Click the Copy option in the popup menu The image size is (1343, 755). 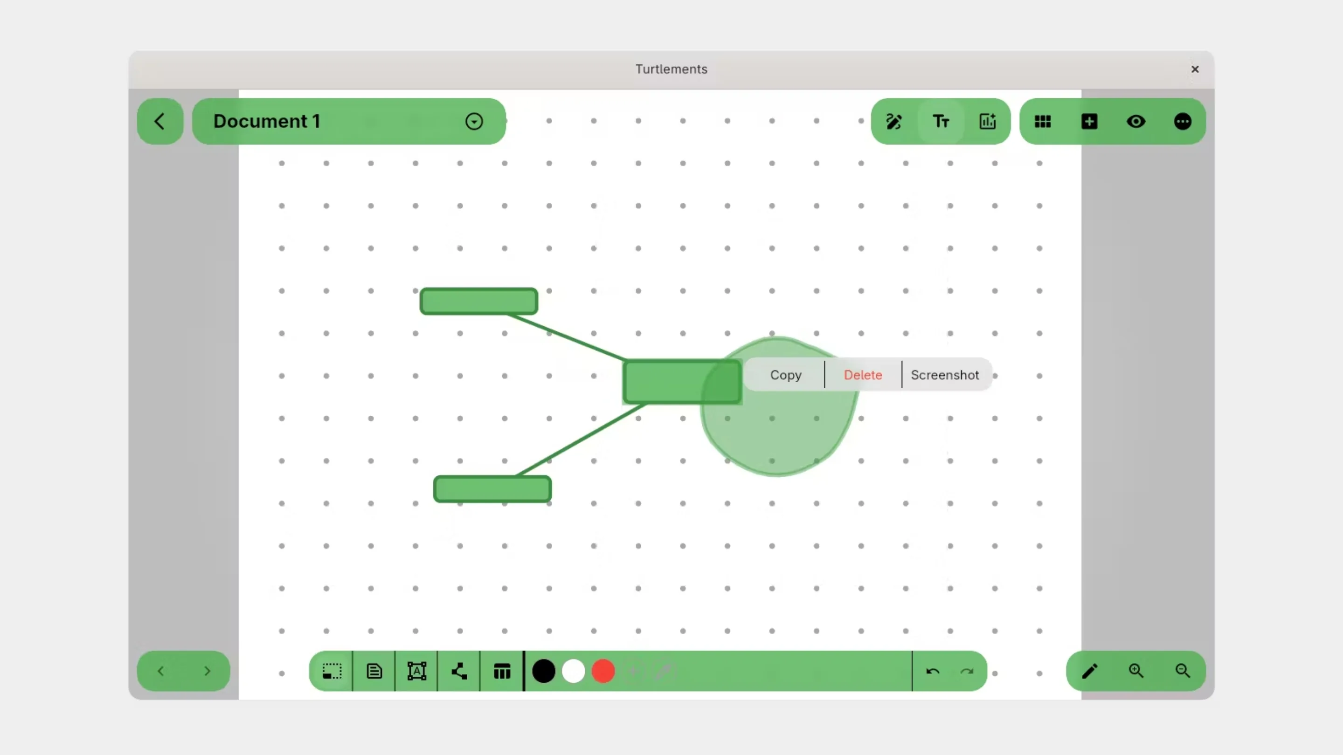pos(785,375)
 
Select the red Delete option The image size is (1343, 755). pos(863,375)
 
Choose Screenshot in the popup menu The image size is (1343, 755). pos(945,375)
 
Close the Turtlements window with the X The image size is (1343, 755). pos(1195,69)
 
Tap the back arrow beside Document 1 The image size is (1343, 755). pos(159,121)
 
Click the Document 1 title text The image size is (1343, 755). pos(266,121)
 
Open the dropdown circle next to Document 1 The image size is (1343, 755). pos(474,121)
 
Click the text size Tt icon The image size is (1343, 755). pos(941,121)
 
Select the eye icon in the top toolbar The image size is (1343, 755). pos(1136,121)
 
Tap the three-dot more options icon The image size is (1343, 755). pos(1183,121)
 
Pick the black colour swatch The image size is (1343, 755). pos(543,671)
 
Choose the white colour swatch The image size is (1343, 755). pos(574,671)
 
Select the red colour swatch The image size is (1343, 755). pos(603,671)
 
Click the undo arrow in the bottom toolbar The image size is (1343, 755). pos(933,671)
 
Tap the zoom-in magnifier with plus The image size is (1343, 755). pos(1136,671)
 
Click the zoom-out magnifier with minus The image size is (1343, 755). pos(1183,671)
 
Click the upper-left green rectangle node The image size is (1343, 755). pos(478,301)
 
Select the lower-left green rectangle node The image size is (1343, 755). pos(492,489)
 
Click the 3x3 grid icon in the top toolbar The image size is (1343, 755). pos(1043,121)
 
